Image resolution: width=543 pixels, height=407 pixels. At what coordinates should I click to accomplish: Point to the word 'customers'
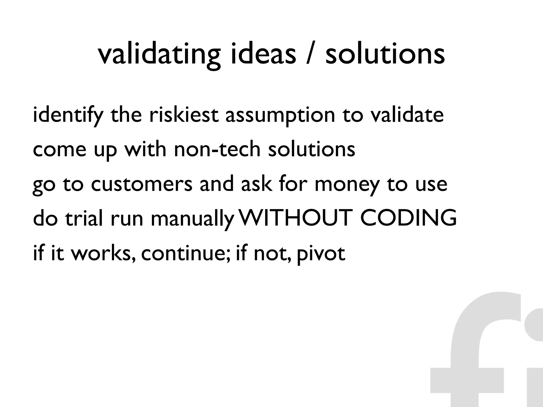point(142,184)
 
